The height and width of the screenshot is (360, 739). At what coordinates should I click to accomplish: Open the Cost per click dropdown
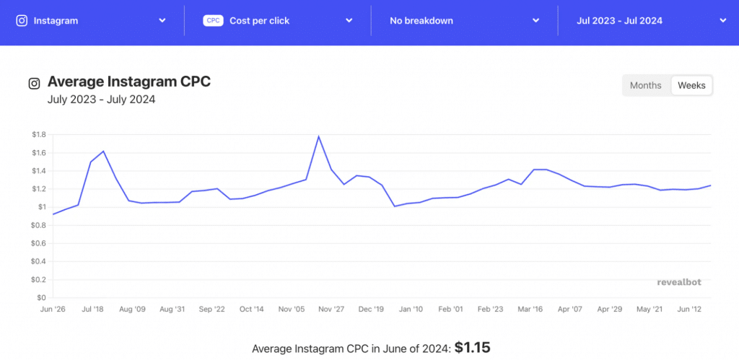278,21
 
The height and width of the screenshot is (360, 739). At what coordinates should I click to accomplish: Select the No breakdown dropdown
464,21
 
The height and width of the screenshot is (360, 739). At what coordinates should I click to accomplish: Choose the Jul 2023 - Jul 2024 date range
650,21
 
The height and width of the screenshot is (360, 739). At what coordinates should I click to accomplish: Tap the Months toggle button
645,85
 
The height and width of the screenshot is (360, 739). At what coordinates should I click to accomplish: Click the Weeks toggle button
691,85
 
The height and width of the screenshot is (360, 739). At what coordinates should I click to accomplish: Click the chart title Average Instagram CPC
129,82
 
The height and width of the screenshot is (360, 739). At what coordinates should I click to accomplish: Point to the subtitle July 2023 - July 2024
101,100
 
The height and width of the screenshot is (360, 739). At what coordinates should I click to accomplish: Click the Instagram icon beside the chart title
34,83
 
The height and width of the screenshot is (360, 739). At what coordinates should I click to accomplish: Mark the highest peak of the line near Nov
318,136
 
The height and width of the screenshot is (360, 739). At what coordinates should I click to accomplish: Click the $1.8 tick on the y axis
39,135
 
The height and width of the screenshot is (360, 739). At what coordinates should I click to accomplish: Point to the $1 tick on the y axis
43,207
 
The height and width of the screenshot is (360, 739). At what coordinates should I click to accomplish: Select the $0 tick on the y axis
43,297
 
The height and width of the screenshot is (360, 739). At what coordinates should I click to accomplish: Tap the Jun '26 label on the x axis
53,309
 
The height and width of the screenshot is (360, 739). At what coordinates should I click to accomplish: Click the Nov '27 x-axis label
331,309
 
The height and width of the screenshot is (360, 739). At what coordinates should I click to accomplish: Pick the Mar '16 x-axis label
530,309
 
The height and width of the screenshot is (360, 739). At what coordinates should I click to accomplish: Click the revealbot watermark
678,282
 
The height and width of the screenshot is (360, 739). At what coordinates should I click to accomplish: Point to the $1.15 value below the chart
472,348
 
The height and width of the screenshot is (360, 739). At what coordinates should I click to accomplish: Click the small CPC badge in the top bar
213,21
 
